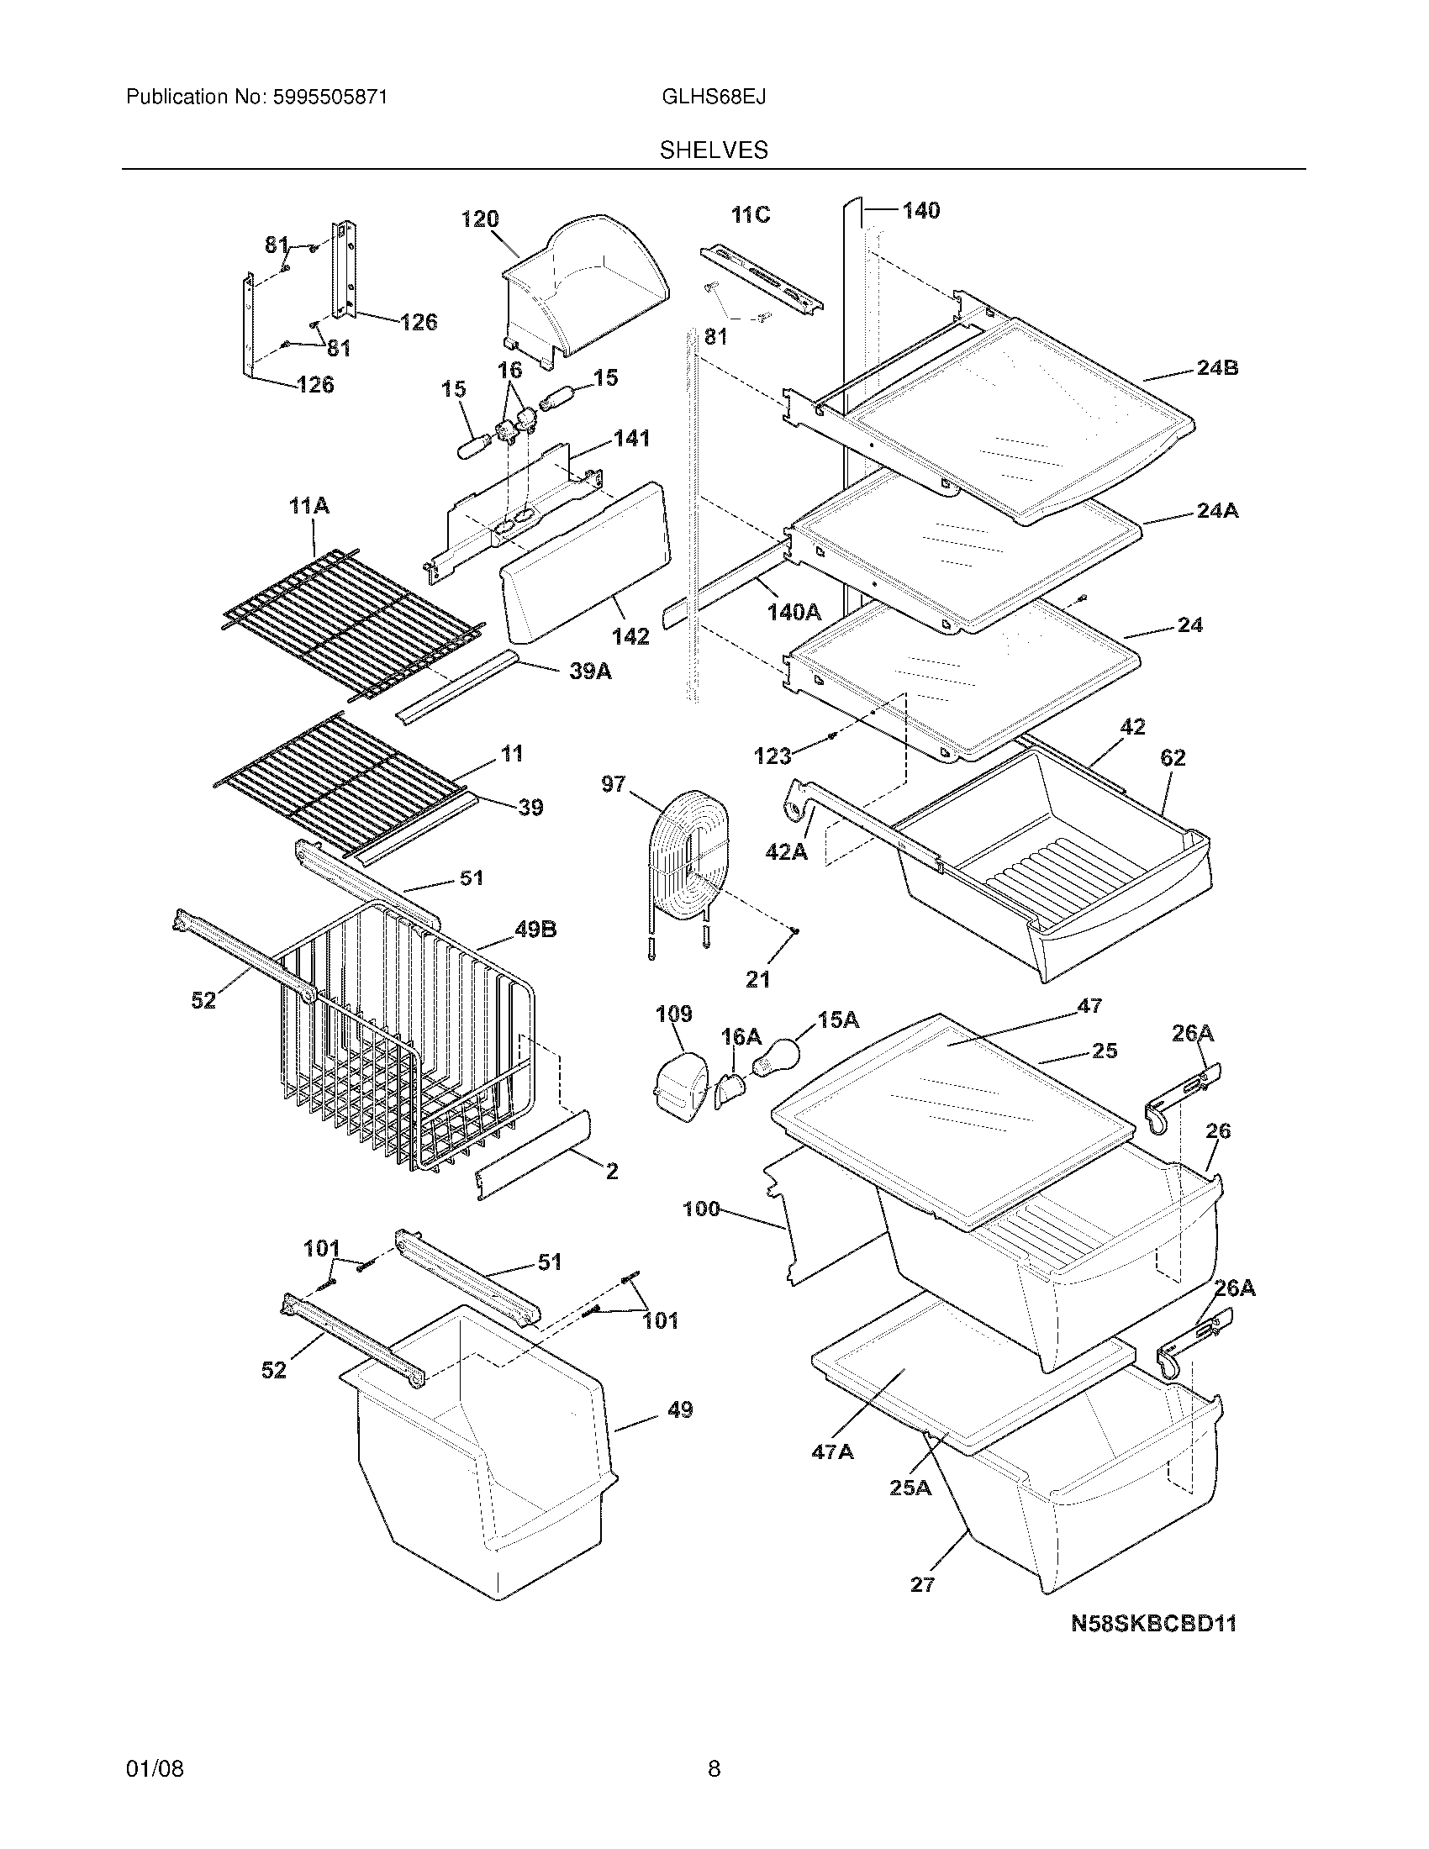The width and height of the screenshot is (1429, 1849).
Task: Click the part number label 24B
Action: [x=1217, y=368]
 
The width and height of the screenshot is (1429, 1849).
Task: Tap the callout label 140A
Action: [x=794, y=612]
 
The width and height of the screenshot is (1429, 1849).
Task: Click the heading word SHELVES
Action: [x=714, y=150]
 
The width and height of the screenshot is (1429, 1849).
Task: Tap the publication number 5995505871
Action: [x=330, y=97]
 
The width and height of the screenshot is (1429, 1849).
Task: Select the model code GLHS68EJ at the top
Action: [x=714, y=97]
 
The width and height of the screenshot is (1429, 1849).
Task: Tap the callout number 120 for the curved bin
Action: [x=479, y=220]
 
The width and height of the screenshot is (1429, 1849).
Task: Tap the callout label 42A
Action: [x=786, y=851]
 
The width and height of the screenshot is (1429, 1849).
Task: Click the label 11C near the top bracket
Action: [x=750, y=215]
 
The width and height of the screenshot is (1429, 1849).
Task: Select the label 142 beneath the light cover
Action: [x=630, y=636]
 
